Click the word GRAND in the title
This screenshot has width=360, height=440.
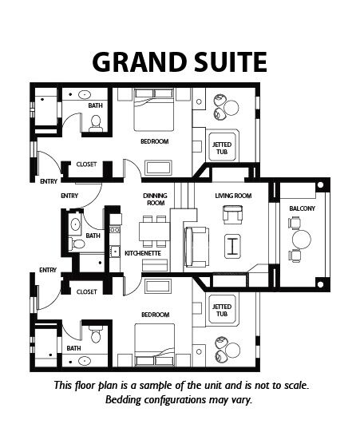point(140,62)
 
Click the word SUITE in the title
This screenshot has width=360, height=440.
point(231,62)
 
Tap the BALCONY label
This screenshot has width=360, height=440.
point(303,208)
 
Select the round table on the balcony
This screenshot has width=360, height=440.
point(302,240)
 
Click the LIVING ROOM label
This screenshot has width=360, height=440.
point(233,196)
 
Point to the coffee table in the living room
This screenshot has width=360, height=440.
point(232,246)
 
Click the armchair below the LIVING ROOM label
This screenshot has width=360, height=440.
point(232,215)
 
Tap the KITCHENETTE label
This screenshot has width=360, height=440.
point(143,253)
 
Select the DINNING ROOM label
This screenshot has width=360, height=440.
point(155,199)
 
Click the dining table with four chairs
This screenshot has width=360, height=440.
point(155,232)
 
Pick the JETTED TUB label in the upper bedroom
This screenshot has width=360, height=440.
point(222,149)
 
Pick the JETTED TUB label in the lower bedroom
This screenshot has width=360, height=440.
point(222,311)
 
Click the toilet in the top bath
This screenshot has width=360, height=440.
point(96,124)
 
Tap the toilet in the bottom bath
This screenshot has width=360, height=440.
point(96,334)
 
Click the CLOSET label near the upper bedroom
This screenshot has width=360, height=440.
point(86,165)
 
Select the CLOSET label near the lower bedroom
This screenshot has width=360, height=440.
point(86,291)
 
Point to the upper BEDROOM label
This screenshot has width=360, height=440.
point(155,141)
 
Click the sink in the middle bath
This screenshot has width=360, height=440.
point(75,224)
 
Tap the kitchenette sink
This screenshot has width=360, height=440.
point(115,252)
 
